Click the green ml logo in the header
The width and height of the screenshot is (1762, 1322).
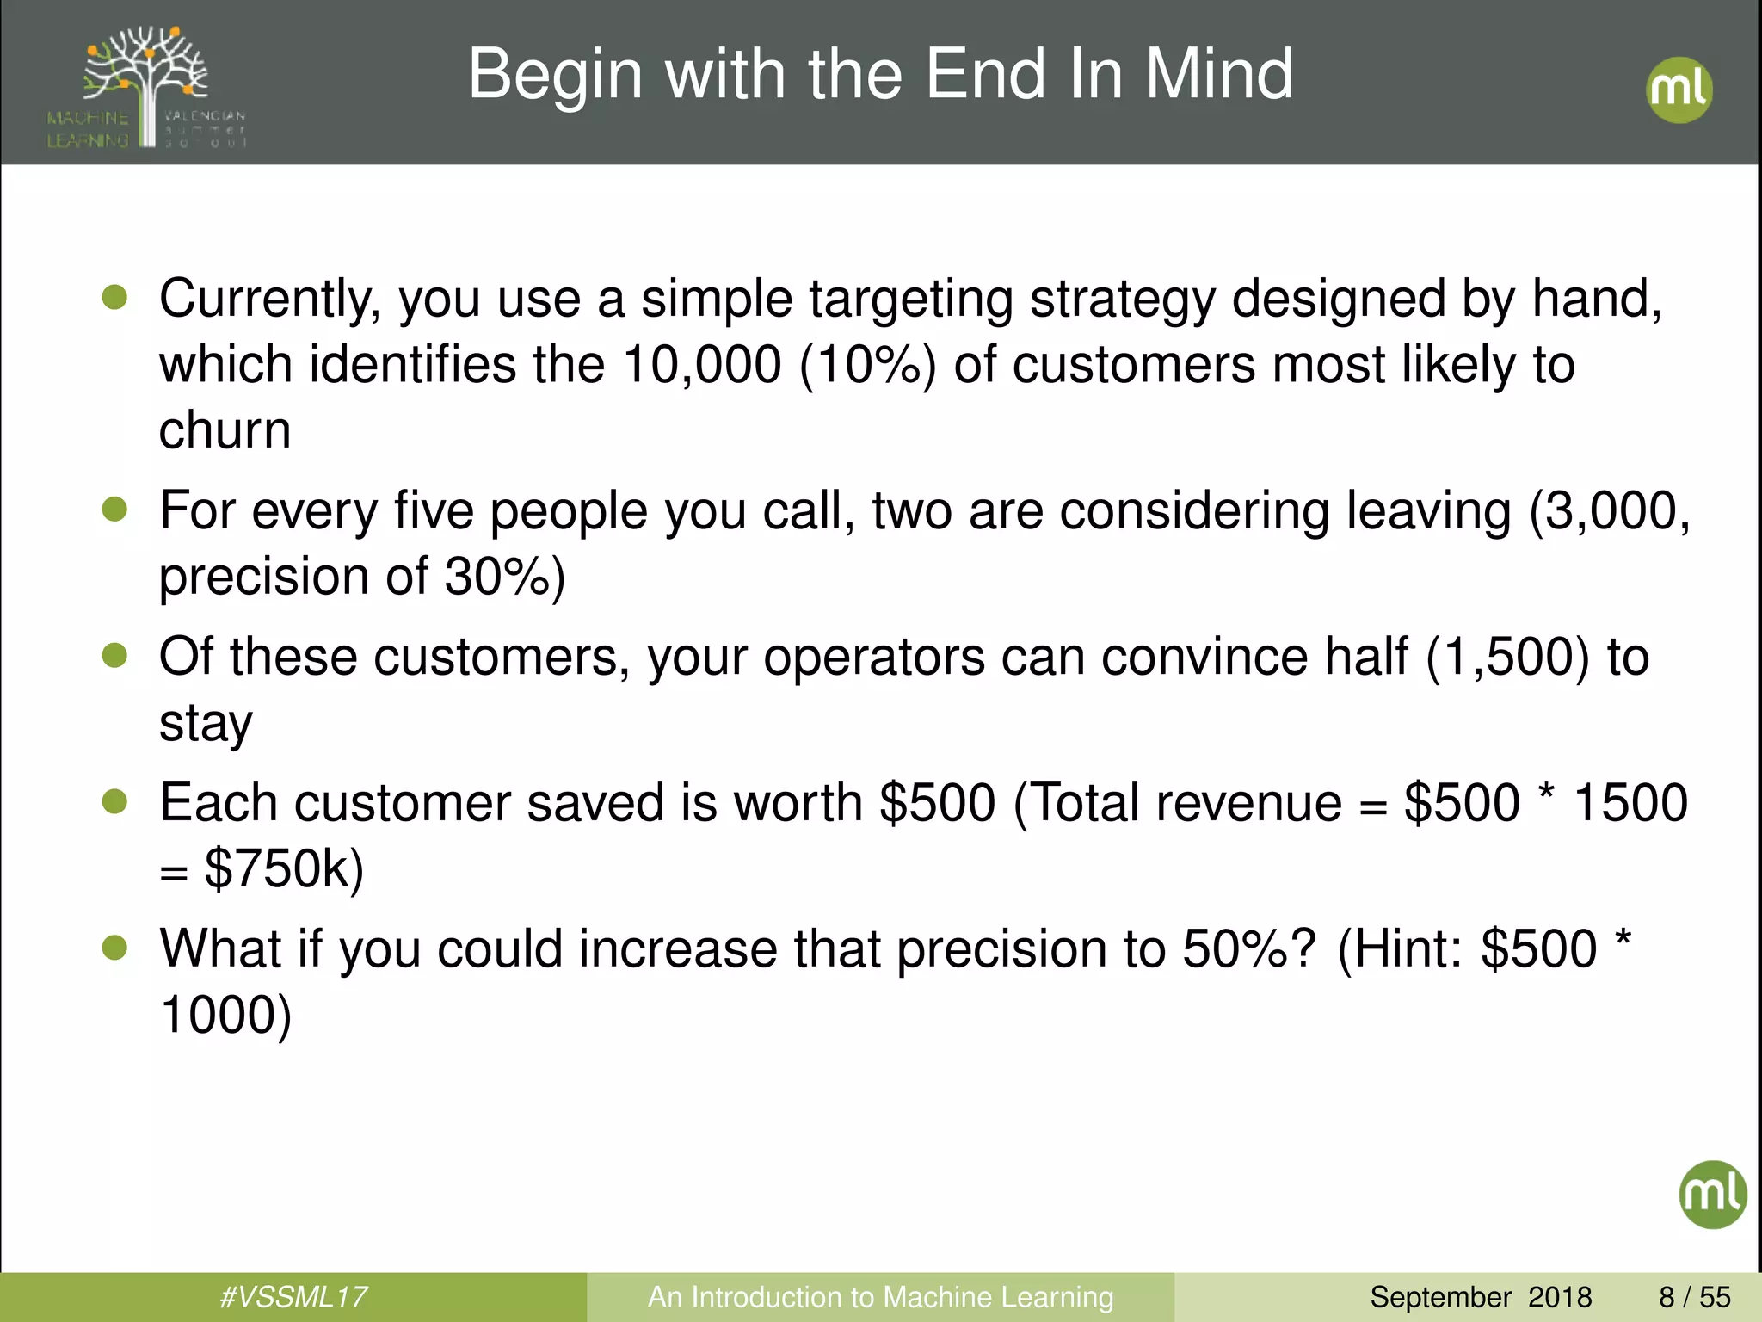point(1679,90)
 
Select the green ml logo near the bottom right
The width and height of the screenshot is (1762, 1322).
point(1712,1195)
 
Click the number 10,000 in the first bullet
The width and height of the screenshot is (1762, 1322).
point(702,364)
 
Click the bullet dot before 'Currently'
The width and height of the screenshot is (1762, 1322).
point(114,298)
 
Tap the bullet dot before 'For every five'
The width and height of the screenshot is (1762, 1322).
point(114,510)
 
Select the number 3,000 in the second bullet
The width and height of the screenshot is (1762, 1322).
point(1617,510)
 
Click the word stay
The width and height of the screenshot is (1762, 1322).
point(206,723)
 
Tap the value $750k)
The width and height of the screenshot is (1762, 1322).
point(284,868)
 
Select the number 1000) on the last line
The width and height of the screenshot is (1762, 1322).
point(226,1015)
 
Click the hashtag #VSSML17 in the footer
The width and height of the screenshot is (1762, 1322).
point(293,1297)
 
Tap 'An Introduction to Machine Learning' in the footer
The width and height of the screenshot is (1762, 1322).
point(880,1297)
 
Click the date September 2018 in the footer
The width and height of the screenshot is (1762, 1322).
point(1481,1297)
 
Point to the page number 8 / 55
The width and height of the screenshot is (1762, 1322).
point(1694,1297)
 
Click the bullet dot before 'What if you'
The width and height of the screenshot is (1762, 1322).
point(114,948)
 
